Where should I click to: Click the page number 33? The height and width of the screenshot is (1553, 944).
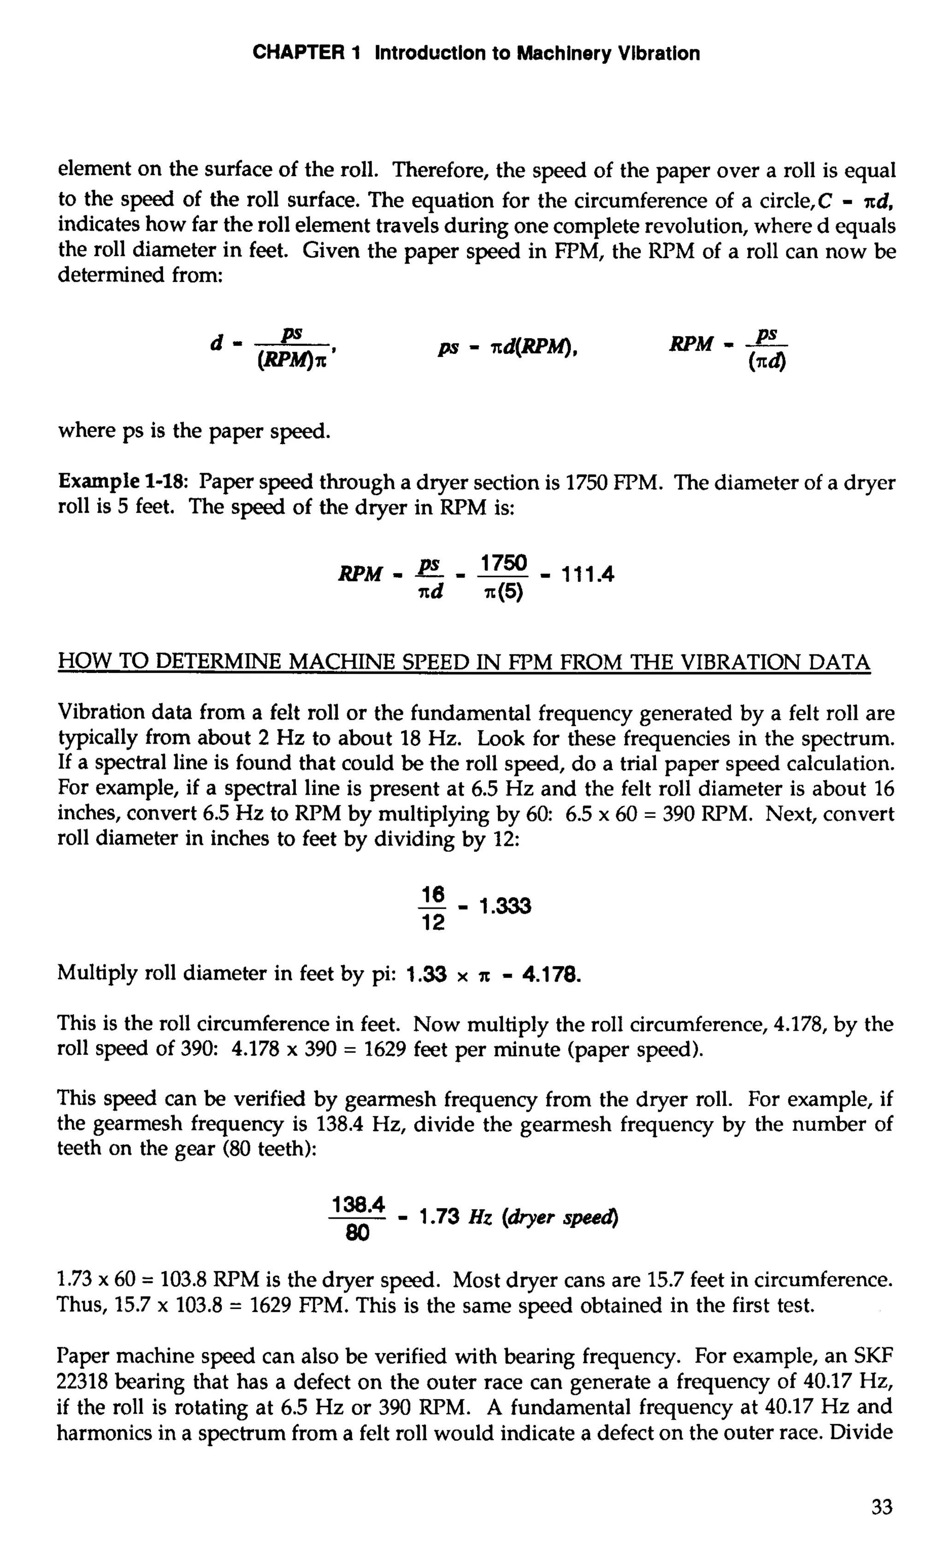coord(882,1507)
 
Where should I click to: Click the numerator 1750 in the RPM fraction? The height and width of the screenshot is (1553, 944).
coord(503,562)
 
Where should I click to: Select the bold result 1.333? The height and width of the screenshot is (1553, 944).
coord(505,907)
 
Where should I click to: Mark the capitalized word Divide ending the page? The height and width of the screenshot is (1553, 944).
coord(861,1433)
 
